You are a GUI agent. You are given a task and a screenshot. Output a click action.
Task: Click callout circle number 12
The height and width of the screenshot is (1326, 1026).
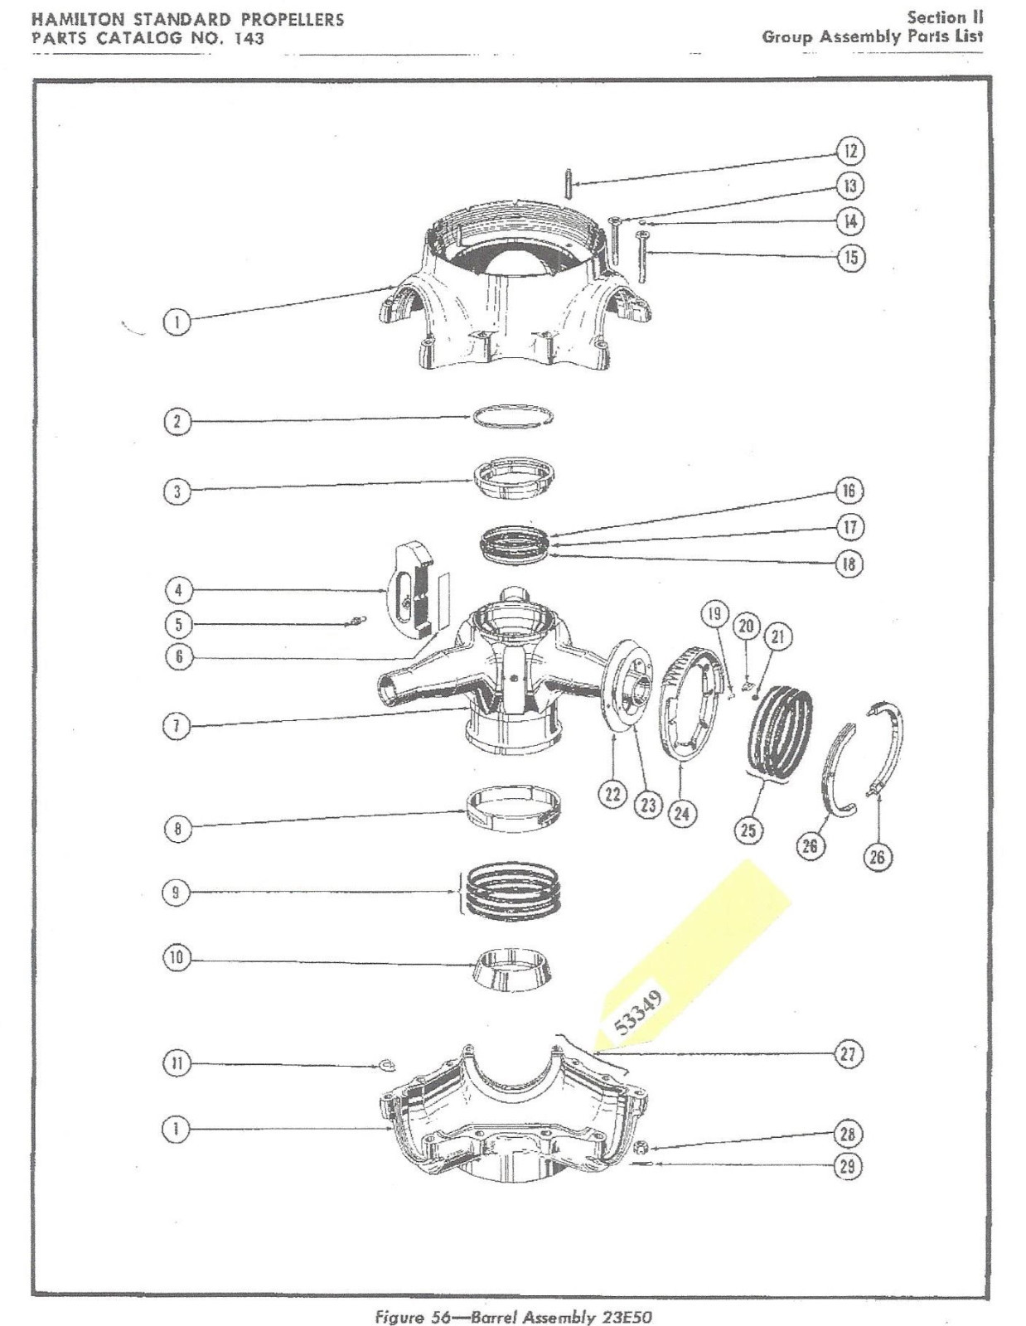click(849, 151)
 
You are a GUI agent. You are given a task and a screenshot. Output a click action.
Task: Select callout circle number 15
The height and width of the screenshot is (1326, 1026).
click(850, 257)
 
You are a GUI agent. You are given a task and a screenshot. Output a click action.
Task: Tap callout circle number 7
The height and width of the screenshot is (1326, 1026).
click(176, 726)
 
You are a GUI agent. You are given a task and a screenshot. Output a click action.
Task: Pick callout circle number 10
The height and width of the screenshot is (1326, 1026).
click(176, 958)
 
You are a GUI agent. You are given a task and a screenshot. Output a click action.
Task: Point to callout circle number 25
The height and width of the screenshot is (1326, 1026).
click(748, 830)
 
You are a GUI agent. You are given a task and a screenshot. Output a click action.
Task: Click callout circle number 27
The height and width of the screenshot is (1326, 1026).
click(848, 1054)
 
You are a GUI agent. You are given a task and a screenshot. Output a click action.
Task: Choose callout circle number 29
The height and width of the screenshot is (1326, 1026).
click(847, 1166)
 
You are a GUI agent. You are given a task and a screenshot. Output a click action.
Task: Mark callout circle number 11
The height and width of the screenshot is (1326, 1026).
click(176, 1063)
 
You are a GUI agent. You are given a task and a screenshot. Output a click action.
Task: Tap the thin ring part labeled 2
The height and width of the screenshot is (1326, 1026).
click(514, 417)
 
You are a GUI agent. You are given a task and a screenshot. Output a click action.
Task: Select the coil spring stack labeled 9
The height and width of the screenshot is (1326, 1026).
click(512, 892)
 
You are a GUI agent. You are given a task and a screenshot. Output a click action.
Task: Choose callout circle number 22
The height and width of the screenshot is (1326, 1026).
click(612, 794)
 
